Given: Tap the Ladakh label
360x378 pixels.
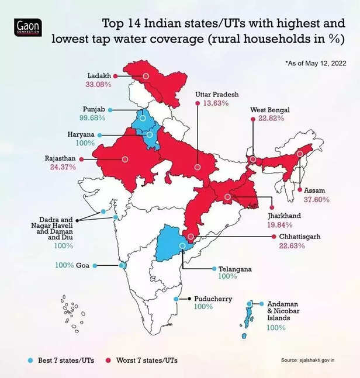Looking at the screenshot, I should tap(99, 76).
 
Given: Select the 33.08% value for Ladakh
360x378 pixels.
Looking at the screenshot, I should tap(99, 85).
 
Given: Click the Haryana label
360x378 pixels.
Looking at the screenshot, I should tap(81, 135).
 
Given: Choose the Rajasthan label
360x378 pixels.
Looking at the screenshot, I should tap(60, 158).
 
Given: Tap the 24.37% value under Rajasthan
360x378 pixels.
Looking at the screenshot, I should tap(60, 167).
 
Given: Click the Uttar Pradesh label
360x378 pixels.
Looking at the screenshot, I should tap(217, 93).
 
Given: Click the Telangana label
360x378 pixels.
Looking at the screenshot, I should tap(235, 269).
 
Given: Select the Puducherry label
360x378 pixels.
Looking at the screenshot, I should tap(213, 299).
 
